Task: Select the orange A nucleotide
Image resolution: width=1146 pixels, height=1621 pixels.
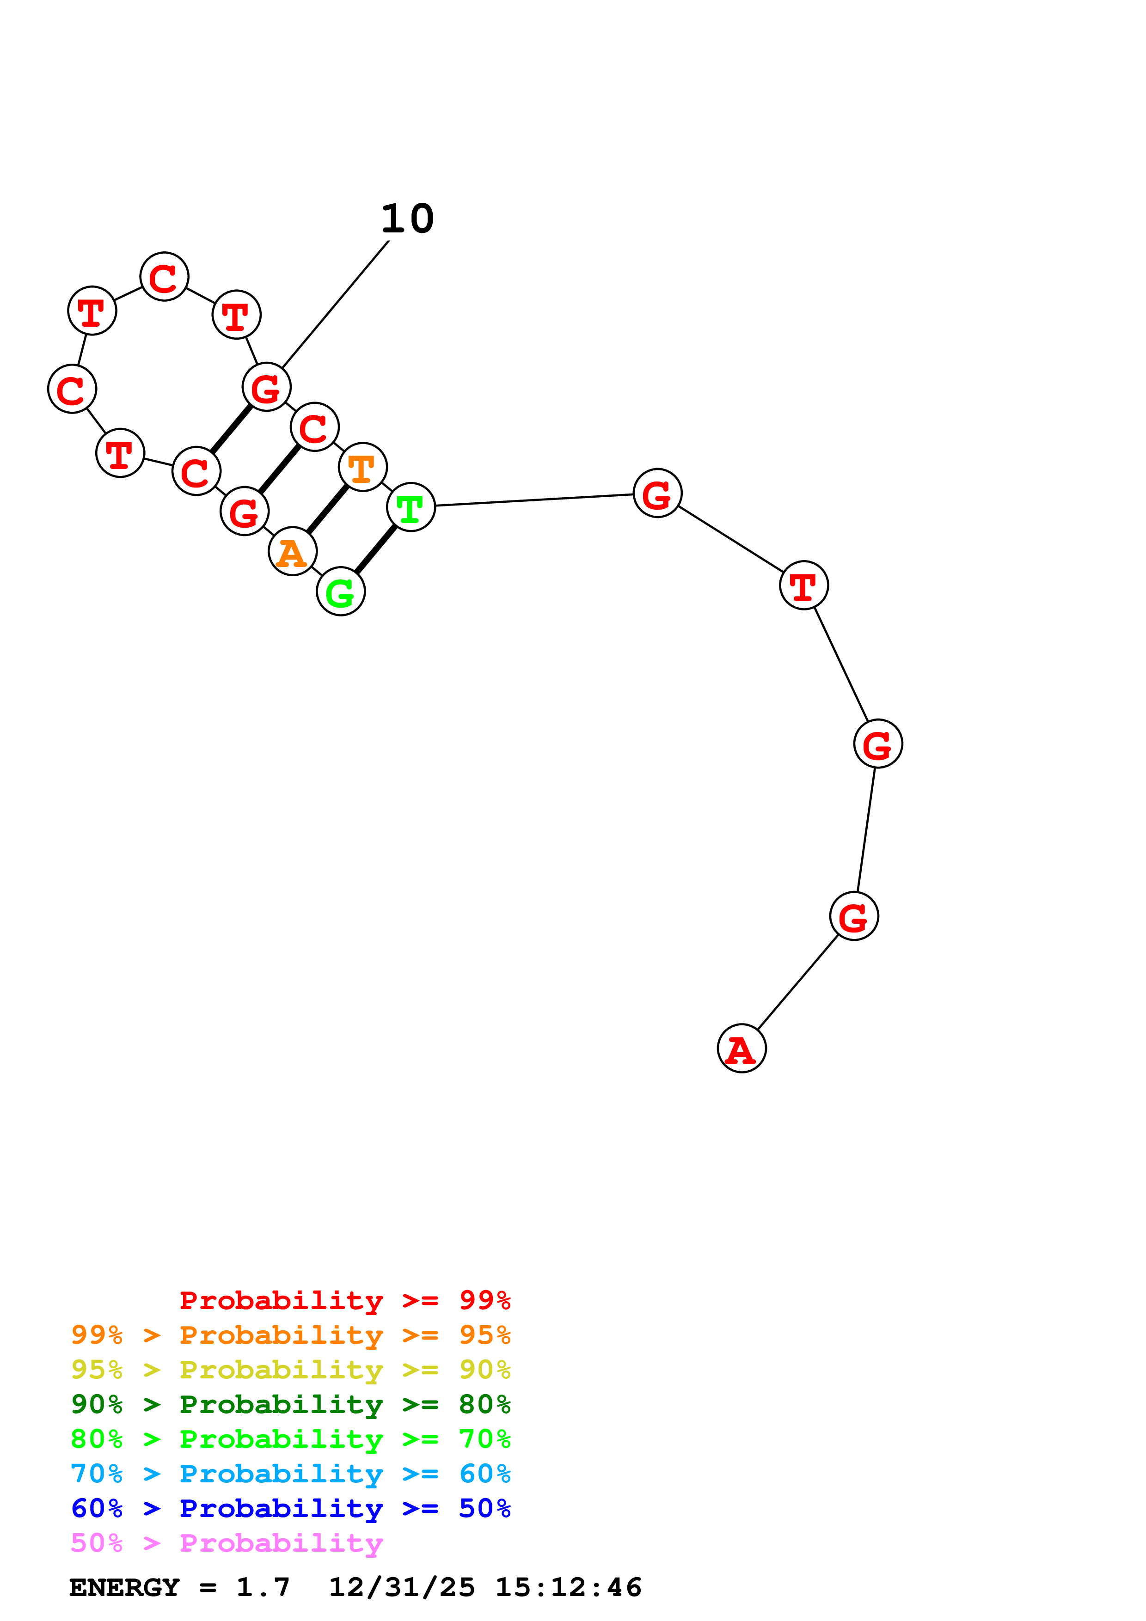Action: (x=292, y=551)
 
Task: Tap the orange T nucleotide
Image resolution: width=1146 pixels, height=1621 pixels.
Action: (x=362, y=467)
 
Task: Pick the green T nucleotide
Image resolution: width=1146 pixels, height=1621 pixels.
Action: (x=411, y=507)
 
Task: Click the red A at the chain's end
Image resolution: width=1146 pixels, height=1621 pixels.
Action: (x=742, y=1048)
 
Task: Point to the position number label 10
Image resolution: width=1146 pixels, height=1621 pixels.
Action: (x=407, y=219)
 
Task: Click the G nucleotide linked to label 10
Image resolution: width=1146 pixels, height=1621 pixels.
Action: (x=266, y=387)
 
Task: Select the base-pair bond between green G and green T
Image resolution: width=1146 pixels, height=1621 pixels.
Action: (x=376, y=549)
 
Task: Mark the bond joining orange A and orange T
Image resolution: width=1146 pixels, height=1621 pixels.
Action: (x=328, y=509)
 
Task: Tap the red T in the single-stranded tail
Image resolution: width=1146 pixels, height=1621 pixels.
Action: (x=803, y=585)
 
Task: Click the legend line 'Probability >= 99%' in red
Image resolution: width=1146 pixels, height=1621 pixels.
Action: (x=344, y=1300)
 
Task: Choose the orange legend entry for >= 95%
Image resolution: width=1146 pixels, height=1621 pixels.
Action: (x=290, y=1335)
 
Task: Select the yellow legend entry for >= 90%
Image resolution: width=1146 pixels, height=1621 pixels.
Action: (x=290, y=1370)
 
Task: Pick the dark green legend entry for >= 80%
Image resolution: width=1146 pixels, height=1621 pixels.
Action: (x=290, y=1404)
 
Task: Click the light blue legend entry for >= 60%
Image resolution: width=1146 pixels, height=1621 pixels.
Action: (x=290, y=1474)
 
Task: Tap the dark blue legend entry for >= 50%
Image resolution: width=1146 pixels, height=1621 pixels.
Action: (x=290, y=1508)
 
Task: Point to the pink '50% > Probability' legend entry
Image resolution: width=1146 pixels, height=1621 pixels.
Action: (x=227, y=1542)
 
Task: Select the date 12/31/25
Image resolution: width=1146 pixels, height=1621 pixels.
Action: (x=402, y=1587)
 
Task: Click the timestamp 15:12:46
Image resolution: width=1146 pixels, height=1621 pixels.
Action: (x=569, y=1587)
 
